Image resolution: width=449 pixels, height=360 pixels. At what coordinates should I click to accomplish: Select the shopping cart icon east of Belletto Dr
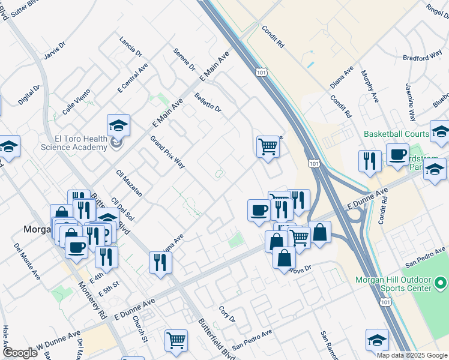268,146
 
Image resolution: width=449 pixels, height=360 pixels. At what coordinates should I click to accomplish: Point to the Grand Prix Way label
167,153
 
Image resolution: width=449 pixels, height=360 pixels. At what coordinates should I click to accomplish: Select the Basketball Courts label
396,134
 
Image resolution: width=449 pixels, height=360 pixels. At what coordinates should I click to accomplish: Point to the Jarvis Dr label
54,50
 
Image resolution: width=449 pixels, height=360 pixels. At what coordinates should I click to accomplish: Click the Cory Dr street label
227,315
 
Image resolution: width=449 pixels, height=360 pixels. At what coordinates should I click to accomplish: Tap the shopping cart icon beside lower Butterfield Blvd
176,341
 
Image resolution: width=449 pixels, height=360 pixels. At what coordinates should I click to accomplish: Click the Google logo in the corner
20,353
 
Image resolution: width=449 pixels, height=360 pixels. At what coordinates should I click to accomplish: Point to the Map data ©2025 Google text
412,355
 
